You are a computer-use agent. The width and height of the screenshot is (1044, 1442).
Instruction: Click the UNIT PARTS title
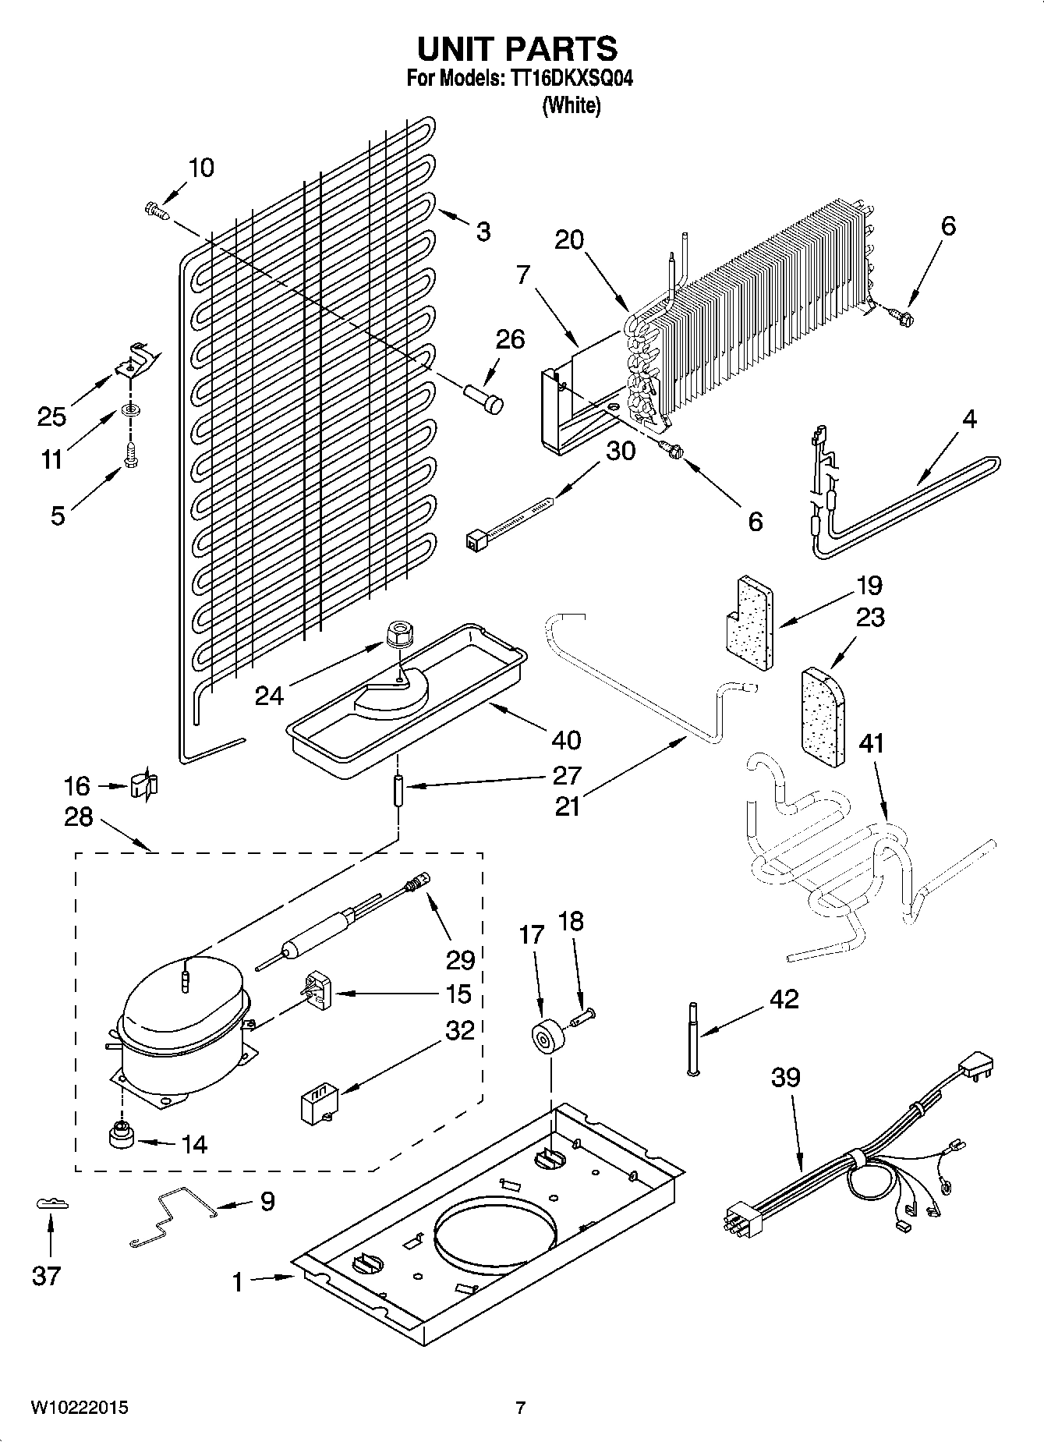[x=517, y=49]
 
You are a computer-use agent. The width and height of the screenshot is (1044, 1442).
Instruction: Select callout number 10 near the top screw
[x=201, y=168]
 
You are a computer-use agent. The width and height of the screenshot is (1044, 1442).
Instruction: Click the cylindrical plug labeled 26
[x=484, y=396]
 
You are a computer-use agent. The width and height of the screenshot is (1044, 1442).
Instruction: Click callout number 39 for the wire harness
[x=785, y=1078]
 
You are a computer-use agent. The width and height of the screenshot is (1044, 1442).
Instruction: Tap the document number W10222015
[x=80, y=1408]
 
